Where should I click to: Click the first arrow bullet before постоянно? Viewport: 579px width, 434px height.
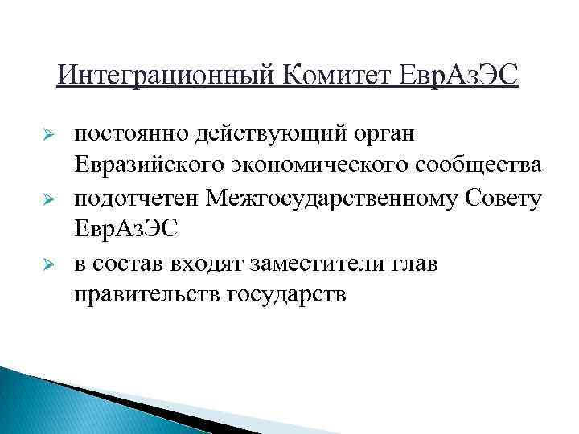point(47,133)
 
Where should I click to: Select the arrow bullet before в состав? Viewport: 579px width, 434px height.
point(47,264)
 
